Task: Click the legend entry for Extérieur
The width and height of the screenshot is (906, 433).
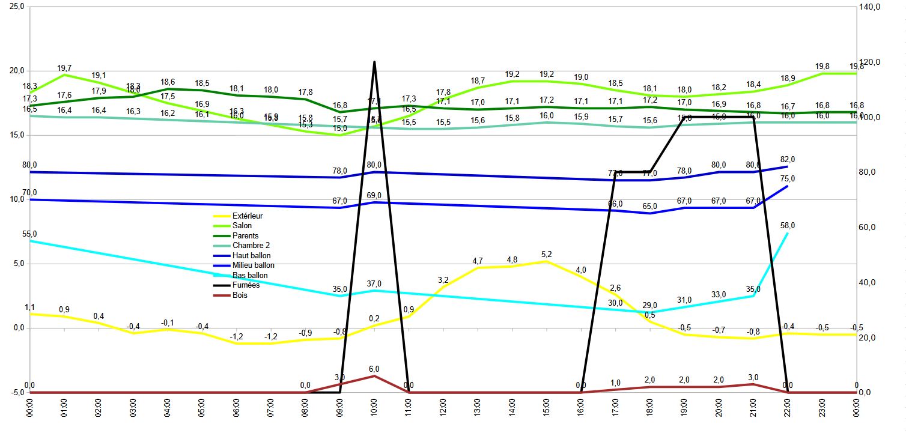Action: point(248,216)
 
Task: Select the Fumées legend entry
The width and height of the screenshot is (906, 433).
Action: point(246,285)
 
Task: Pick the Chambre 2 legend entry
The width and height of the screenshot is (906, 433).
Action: point(252,246)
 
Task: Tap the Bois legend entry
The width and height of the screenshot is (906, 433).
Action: point(240,295)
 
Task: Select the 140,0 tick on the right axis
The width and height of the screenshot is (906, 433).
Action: point(869,7)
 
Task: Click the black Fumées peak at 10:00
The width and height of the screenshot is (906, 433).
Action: point(374,62)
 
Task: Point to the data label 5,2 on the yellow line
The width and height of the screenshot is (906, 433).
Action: point(546,254)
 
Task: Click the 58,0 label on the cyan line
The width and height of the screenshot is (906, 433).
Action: point(788,225)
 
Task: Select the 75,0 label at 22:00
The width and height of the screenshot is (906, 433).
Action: point(788,179)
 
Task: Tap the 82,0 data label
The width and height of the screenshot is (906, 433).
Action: point(788,159)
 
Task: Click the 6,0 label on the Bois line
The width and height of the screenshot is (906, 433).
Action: point(374,369)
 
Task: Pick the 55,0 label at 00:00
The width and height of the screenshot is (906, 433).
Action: point(29,234)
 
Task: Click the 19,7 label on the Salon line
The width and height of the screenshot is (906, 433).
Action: point(65,68)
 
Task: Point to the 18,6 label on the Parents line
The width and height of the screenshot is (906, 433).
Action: point(168,82)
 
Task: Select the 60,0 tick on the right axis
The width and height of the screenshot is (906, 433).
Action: point(869,228)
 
